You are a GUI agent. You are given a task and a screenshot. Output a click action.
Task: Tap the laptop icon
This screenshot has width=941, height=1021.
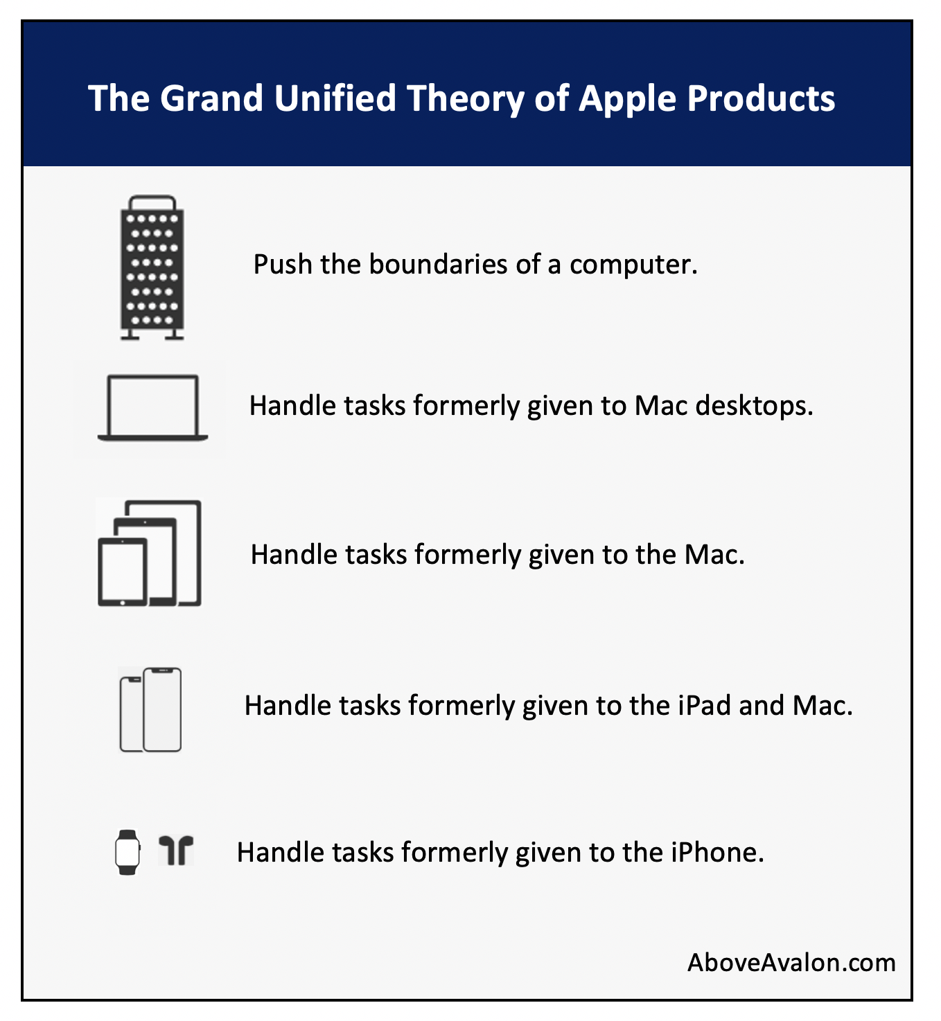(x=152, y=408)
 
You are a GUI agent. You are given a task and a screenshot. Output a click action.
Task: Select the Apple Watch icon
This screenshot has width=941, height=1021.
(x=127, y=852)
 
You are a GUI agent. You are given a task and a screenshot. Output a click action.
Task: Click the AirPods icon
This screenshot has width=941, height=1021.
(x=176, y=851)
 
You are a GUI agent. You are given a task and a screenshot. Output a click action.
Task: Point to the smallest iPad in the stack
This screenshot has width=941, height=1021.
(x=123, y=571)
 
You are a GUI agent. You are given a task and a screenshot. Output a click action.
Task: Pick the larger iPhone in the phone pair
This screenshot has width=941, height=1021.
(x=162, y=709)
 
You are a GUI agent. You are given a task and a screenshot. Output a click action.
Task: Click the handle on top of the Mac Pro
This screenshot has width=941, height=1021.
(x=152, y=202)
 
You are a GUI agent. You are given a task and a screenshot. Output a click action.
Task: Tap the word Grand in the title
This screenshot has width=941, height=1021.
(x=211, y=98)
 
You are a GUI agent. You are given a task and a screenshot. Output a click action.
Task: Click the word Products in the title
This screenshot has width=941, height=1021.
(x=762, y=98)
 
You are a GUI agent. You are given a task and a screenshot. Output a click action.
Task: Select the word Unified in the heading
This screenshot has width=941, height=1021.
(x=335, y=98)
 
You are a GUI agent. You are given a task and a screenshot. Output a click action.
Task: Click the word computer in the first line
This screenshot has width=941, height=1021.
(x=633, y=265)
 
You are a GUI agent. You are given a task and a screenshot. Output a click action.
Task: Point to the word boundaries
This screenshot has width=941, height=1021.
(x=438, y=264)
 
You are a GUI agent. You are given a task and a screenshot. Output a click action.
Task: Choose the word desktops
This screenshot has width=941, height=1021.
(x=755, y=407)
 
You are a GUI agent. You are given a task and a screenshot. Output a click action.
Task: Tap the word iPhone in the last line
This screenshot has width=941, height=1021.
(x=717, y=853)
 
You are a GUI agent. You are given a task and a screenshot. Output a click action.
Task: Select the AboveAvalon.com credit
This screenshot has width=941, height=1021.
(x=791, y=962)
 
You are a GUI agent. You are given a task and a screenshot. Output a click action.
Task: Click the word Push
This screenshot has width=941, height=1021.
(x=283, y=264)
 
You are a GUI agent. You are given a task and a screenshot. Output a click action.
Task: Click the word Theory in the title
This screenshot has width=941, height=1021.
(x=466, y=99)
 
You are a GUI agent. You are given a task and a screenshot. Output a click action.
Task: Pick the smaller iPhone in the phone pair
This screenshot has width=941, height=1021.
(x=132, y=714)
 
